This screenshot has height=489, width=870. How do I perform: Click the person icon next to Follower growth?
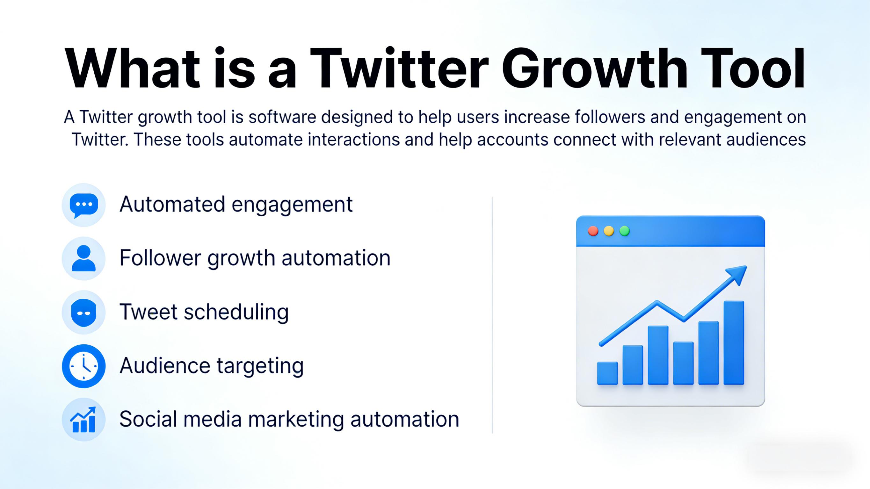point(84,258)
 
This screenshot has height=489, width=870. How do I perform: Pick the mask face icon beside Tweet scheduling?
point(84,313)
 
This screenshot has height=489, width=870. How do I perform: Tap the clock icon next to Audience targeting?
point(84,366)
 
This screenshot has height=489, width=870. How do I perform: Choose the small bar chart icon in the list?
point(83,420)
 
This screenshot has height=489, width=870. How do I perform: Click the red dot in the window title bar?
point(593,231)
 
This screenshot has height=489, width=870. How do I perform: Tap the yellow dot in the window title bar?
point(609,231)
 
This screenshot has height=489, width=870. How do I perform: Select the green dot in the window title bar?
point(625,231)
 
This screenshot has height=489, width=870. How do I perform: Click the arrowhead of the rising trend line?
point(738,274)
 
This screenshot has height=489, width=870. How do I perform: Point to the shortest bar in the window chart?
point(608,373)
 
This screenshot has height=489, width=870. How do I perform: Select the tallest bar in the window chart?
point(734,342)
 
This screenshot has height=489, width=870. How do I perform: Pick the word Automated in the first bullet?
point(172,204)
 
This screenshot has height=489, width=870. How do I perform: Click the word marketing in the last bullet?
point(296,420)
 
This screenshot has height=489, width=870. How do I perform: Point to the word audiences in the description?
point(766,140)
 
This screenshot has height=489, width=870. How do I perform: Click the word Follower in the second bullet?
point(160,258)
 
